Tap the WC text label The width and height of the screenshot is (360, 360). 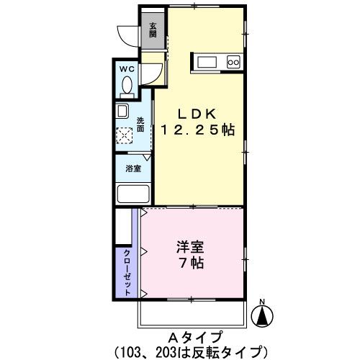coord(127,69)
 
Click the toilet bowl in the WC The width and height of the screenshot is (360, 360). coord(127,86)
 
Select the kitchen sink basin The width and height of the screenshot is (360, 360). coord(204,62)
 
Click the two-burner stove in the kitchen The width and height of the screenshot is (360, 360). coord(233,63)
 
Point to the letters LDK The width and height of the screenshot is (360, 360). coord(194,114)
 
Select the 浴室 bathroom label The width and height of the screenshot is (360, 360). coord(132,168)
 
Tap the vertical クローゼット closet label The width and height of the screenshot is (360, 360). coord(127,272)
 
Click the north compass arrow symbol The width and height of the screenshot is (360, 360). coord(263,315)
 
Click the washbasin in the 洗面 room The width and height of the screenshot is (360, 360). coord(122,112)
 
